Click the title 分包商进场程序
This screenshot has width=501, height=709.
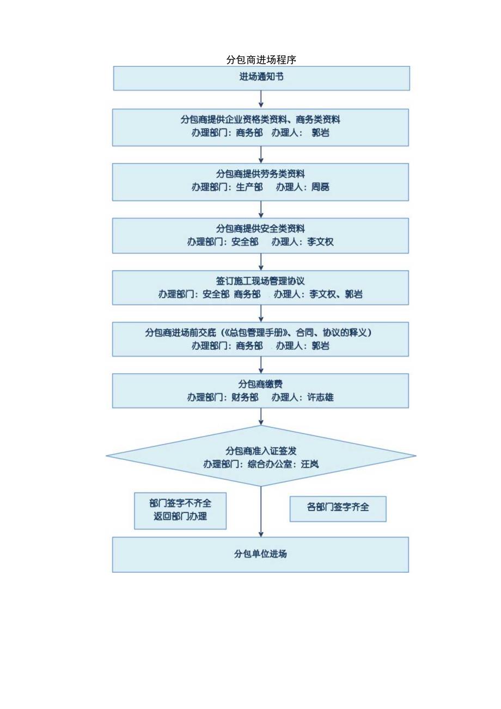click(261, 59)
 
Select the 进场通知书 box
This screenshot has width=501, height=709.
click(261, 77)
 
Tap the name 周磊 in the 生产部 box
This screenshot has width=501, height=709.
click(320, 187)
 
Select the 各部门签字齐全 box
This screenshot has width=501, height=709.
click(338, 508)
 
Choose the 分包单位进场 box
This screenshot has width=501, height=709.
click(260, 554)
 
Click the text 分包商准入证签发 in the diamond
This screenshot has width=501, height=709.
click(261, 451)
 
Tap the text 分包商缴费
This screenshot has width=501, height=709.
click(260, 384)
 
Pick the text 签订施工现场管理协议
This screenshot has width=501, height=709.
click(260, 281)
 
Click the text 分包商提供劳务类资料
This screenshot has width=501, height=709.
click(260, 174)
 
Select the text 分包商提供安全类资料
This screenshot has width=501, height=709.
click(260, 228)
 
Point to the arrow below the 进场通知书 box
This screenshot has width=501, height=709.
click(261, 99)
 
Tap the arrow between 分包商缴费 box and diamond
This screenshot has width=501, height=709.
click(261, 416)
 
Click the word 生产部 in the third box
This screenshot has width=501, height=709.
click(249, 187)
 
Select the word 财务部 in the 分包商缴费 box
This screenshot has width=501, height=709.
click(245, 397)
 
